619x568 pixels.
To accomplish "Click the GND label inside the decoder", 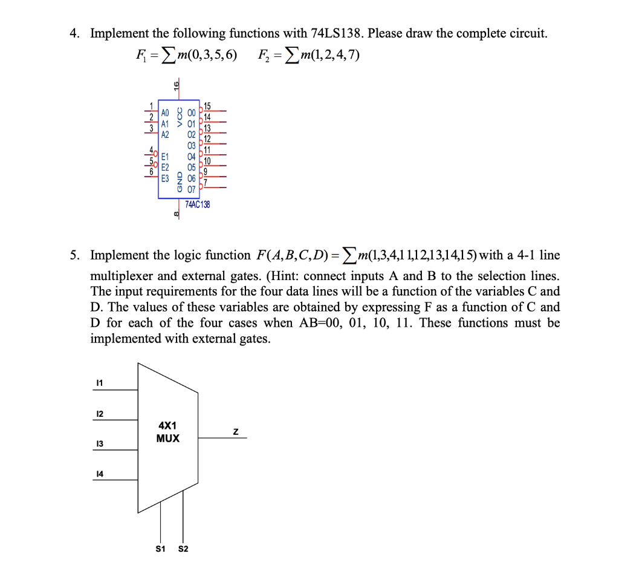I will [180, 183].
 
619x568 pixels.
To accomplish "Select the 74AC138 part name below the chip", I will [198, 205].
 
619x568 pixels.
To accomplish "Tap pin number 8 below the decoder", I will [176, 214].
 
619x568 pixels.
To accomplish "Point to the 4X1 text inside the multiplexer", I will [167, 426].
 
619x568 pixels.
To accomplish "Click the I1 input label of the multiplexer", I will [100, 383].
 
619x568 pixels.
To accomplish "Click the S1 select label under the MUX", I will [160, 549].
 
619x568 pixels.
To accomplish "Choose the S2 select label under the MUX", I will [183, 549].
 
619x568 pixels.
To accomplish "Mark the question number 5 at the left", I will [74, 255].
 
